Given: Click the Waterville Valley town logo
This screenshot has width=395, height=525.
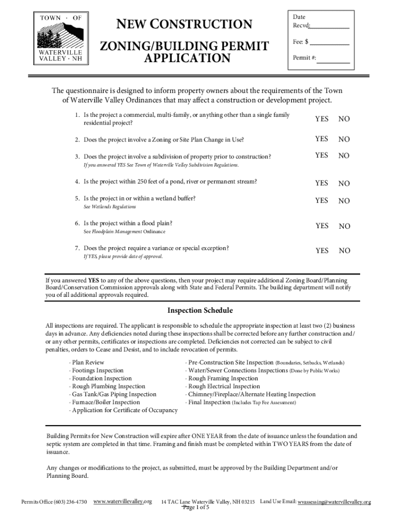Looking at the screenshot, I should click(x=61, y=37).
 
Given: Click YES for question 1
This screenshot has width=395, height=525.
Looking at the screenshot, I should click(x=322, y=119).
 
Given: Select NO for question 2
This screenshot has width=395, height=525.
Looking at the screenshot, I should click(x=344, y=139).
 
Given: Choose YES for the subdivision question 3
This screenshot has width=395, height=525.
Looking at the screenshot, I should click(x=322, y=155).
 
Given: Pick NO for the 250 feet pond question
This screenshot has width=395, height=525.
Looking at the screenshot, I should click(x=344, y=183).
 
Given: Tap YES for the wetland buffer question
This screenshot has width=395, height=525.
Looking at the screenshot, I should click(x=322, y=200).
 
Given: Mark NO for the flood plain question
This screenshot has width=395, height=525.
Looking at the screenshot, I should click(x=344, y=226).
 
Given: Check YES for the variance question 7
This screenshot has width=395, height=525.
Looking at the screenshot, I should click(x=322, y=251).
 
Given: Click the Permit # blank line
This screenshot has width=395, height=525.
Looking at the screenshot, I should click(x=333, y=60).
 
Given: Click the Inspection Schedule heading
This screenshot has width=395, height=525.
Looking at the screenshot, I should click(x=200, y=311).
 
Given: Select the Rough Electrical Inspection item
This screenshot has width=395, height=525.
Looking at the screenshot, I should click(x=224, y=386).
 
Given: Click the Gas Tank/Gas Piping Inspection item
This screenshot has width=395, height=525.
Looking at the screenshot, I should click(x=114, y=394).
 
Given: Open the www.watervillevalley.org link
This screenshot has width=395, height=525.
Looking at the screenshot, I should click(x=123, y=501).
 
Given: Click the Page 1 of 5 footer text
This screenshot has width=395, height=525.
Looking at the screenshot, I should click(x=196, y=508).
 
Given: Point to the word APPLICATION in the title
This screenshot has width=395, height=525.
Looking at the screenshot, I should click(x=187, y=58).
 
